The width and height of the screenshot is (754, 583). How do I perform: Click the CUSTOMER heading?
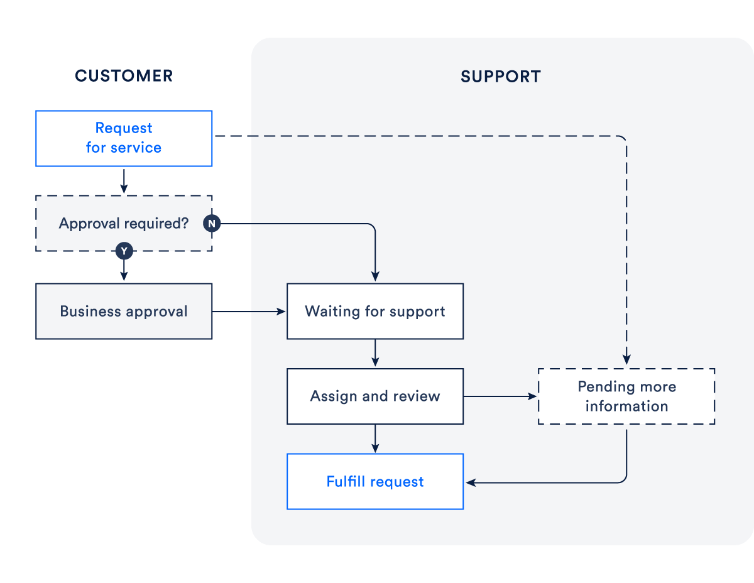(x=124, y=76)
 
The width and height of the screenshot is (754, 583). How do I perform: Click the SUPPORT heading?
(x=500, y=77)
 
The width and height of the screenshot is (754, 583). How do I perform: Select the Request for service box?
(x=124, y=138)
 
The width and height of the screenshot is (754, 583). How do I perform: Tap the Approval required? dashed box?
(x=124, y=224)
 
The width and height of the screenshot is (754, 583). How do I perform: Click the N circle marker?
(x=212, y=224)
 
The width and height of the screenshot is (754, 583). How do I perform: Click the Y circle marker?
(x=124, y=251)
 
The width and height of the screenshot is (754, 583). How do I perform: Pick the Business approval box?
(x=124, y=312)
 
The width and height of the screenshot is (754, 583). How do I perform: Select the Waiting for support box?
(x=375, y=312)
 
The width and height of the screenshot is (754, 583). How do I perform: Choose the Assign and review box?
(x=375, y=396)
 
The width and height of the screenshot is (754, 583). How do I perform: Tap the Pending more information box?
(x=626, y=396)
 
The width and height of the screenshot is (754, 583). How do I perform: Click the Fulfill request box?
(x=375, y=482)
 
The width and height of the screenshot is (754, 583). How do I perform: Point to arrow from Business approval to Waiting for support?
(x=249, y=312)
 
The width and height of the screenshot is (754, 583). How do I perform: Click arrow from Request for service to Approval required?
(x=124, y=180)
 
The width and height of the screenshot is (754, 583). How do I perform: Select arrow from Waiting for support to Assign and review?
(x=375, y=353)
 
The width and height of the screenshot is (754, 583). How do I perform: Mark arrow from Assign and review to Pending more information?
(x=500, y=396)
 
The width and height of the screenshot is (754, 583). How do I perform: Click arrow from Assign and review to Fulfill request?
(x=375, y=439)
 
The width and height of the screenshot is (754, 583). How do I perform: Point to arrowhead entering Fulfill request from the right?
(x=470, y=482)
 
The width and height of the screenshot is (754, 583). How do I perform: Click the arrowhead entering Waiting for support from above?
(x=375, y=276)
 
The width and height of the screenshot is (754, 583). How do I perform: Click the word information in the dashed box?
(x=626, y=406)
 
